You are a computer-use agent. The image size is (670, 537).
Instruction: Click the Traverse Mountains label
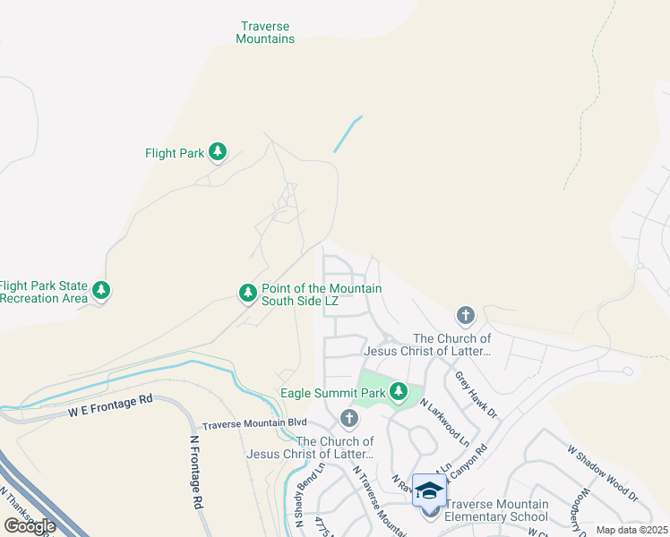click(x=266, y=33)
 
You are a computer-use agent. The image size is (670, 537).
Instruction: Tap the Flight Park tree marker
click(x=217, y=153)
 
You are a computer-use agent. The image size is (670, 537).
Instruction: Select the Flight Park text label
click(x=175, y=153)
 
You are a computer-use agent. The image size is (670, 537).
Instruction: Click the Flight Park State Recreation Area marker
click(x=102, y=291)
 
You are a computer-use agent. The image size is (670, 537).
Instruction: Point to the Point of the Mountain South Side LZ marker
click(x=248, y=293)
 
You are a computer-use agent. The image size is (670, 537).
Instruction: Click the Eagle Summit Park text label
click(x=332, y=393)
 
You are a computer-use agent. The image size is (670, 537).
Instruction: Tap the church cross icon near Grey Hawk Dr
click(x=465, y=315)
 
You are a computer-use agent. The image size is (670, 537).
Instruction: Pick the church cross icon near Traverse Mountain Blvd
click(x=349, y=418)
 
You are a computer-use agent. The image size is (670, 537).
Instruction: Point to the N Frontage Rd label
click(x=195, y=472)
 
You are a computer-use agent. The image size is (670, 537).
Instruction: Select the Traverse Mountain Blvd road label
click(x=254, y=423)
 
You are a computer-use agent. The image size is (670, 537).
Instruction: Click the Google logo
click(x=30, y=525)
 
